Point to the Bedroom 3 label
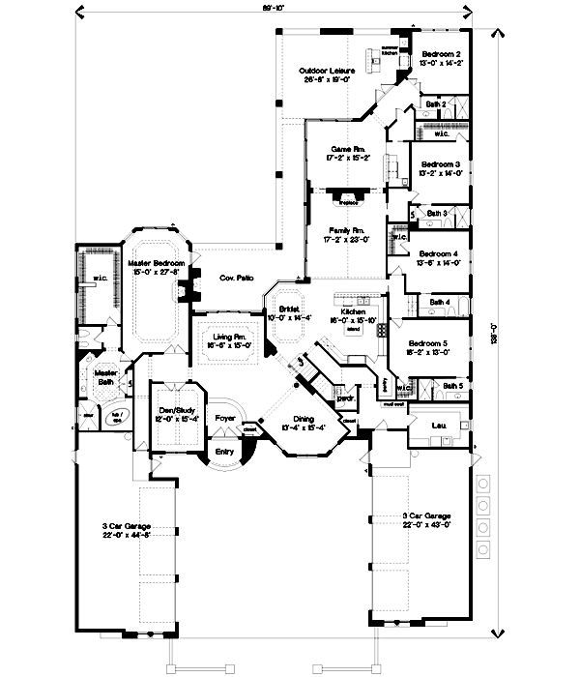coord(440,165)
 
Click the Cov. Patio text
coord(237,278)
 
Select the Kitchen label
coord(352,312)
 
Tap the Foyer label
coord(225,419)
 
